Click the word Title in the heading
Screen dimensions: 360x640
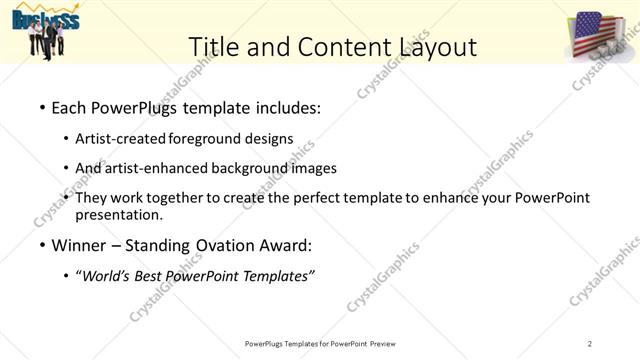click(215, 47)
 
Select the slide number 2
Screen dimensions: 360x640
click(591, 344)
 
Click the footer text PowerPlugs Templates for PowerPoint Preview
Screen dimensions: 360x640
click(321, 344)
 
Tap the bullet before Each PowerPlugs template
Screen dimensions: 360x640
click(42, 106)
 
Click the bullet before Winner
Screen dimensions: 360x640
click(42, 244)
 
